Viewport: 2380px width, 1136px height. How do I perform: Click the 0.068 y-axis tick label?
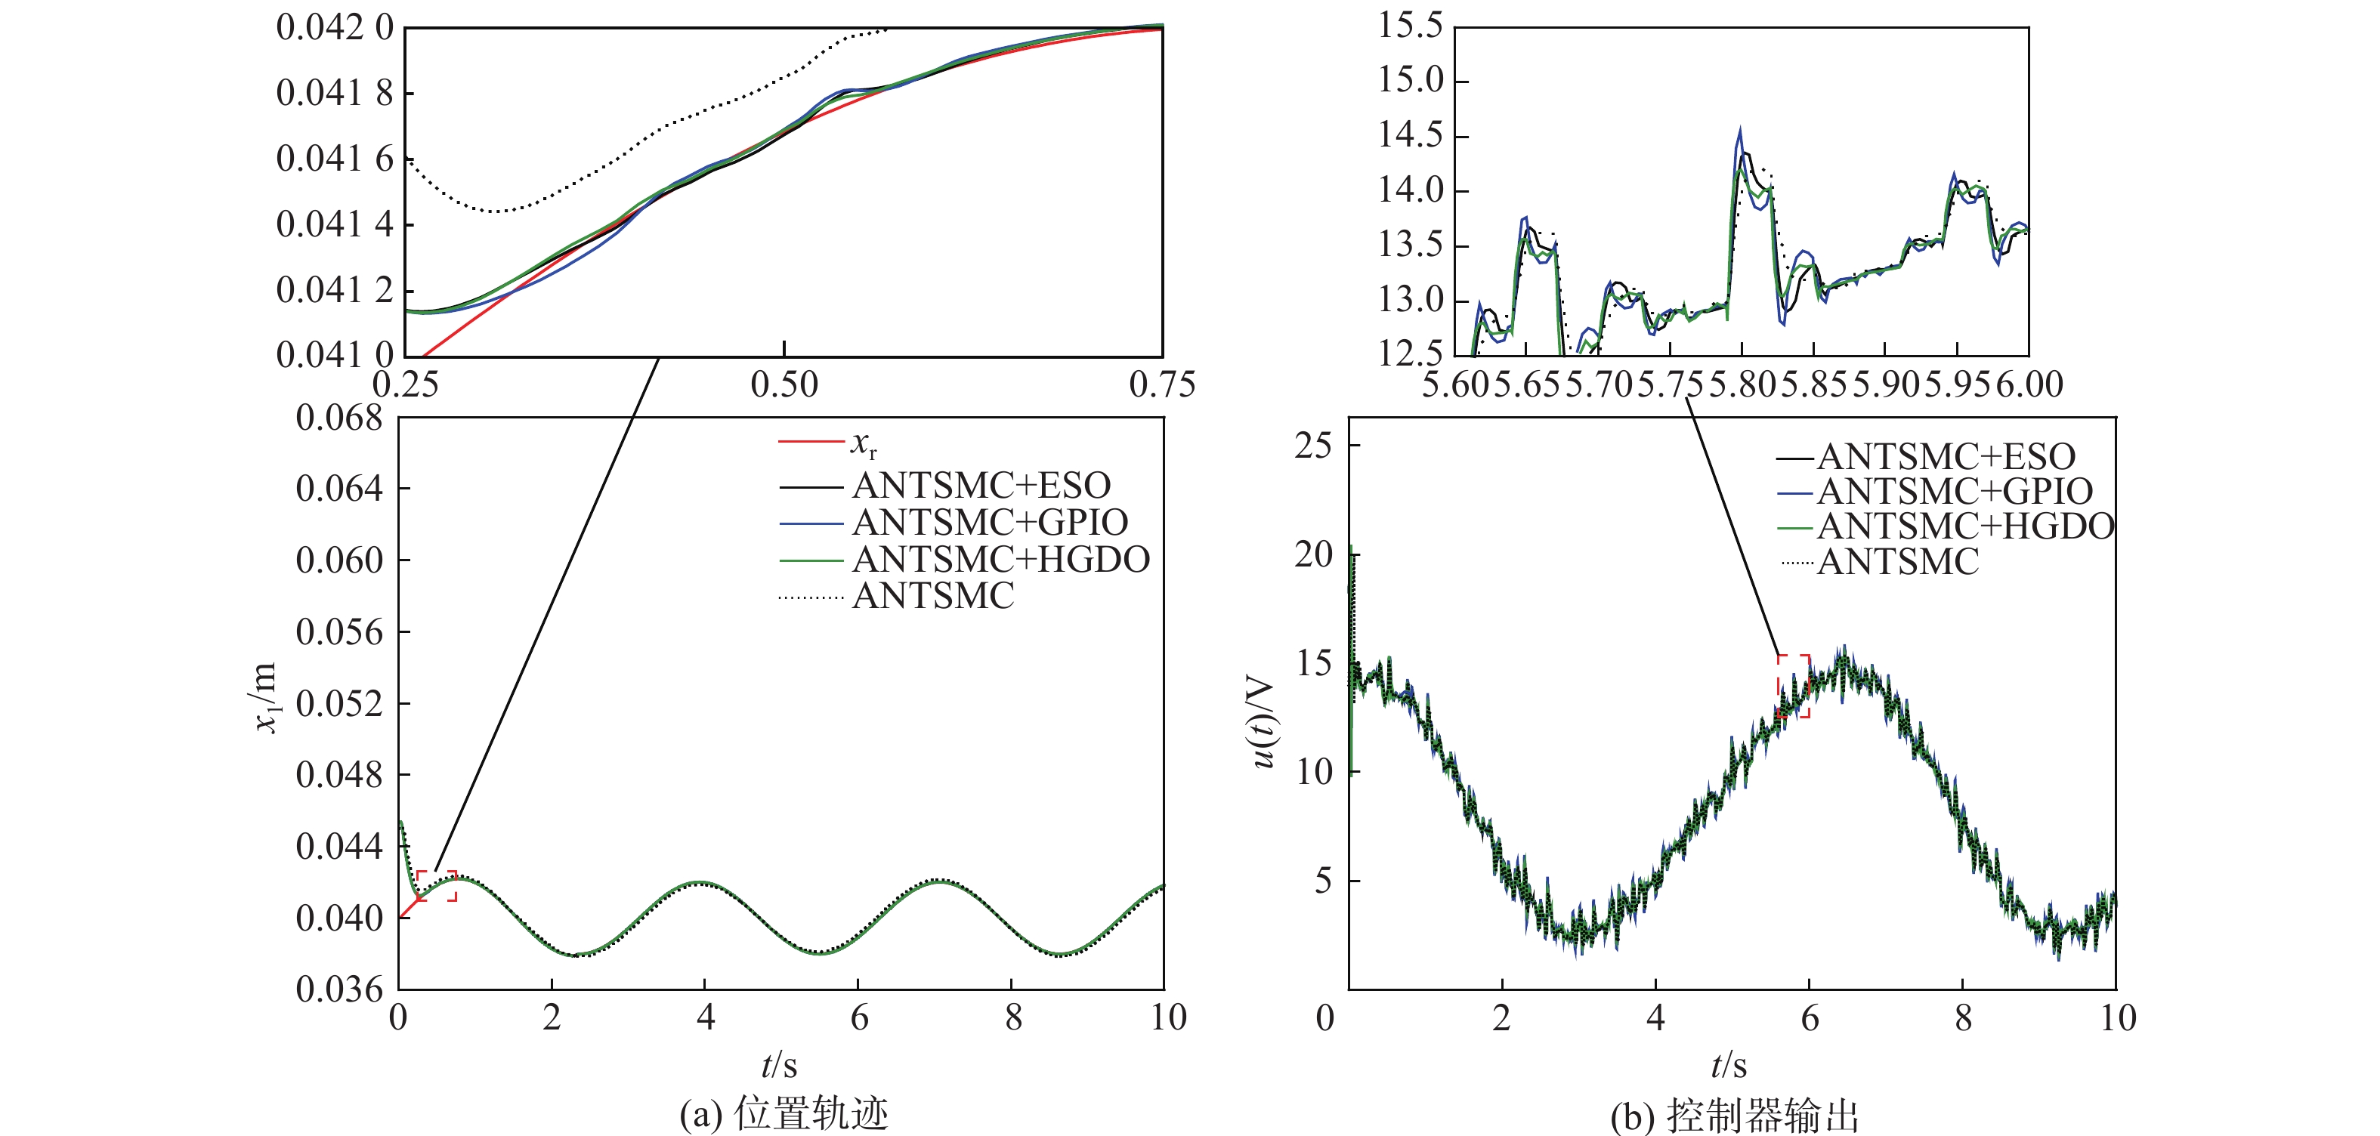click(x=338, y=418)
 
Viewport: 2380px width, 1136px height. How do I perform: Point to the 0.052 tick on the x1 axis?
click(x=338, y=704)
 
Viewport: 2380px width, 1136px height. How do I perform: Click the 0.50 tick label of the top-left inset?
click(x=784, y=385)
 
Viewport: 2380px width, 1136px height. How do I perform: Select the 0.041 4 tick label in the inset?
click(x=335, y=224)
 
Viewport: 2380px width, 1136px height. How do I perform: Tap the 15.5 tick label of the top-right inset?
click(x=1410, y=26)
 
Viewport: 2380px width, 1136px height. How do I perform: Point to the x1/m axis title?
click(x=264, y=698)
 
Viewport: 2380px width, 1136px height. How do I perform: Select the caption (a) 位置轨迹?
click(x=784, y=1114)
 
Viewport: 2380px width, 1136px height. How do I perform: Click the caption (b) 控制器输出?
click(x=1734, y=1116)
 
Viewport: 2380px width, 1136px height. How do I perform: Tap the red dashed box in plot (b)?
click(x=1794, y=687)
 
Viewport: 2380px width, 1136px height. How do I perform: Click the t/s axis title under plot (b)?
click(x=1729, y=1066)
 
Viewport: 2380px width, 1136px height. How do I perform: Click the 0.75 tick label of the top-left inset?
click(x=1161, y=385)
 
